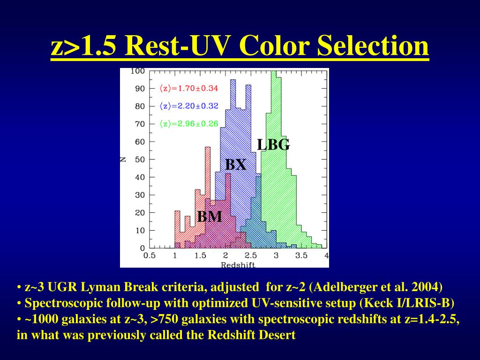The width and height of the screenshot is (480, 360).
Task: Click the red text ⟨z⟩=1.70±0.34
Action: point(188,89)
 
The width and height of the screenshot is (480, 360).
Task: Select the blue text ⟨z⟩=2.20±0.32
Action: point(188,106)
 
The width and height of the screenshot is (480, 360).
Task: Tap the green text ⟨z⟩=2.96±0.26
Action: point(188,124)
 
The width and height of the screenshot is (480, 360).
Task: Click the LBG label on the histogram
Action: point(273,144)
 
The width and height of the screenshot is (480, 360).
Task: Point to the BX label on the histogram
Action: point(236,165)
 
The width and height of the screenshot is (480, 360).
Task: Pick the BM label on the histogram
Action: point(210,217)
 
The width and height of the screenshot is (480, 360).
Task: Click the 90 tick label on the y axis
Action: point(140,89)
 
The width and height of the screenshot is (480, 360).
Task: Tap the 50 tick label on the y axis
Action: point(140,159)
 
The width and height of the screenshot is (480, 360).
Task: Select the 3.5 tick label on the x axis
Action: point(301,255)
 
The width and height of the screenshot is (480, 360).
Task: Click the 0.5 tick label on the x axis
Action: point(150,255)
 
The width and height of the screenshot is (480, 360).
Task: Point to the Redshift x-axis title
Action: point(238,265)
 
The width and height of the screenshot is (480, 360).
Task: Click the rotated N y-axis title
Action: point(123,159)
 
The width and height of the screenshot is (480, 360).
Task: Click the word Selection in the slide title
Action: point(373,45)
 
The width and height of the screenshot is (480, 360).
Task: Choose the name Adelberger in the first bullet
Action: point(347,287)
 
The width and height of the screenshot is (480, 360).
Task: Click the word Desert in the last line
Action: point(277,335)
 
